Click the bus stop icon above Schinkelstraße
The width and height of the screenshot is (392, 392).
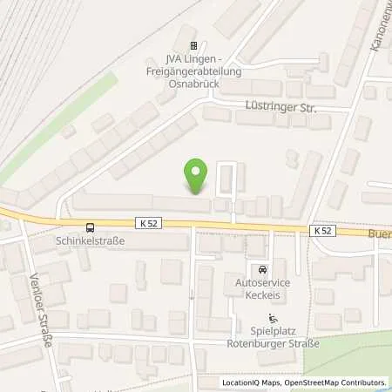pyautogui.click(x=79, y=228)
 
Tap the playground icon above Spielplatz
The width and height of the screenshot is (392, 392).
pyautogui.click(x=274, y=318)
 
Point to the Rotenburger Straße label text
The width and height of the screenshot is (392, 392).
pyautogui.click(x=274, y=343)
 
